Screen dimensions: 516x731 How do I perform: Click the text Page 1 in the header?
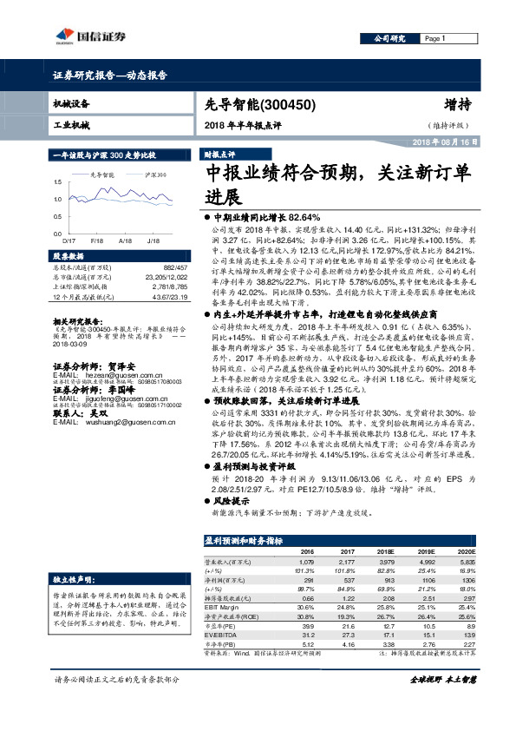[x=435, y=39]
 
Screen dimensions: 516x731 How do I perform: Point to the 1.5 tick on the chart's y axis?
[x=58, y=181]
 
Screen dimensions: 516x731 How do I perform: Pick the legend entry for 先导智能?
[x=102, y=175]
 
